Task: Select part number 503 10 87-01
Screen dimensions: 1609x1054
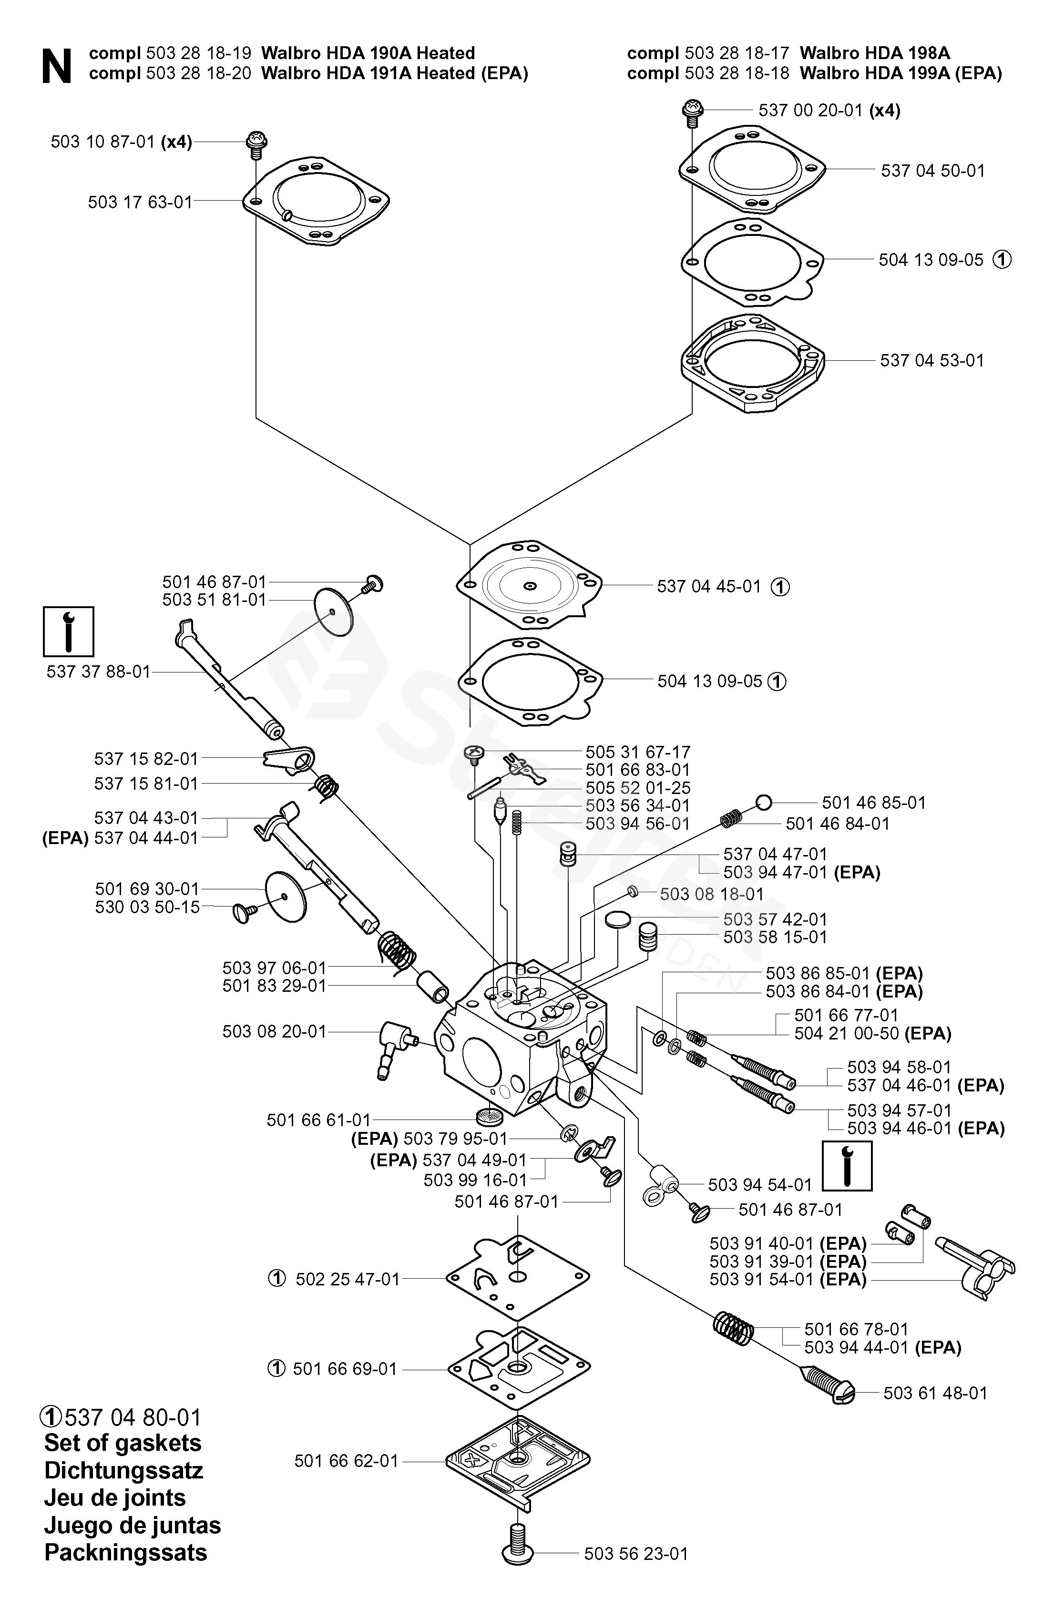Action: point(103,142)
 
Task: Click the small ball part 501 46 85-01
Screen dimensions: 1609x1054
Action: point(763,803)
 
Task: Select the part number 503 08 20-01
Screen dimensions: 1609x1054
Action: point(274,1032)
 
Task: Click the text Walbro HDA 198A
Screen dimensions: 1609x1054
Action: point(874,53)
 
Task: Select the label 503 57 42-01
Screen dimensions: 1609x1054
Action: point(775,919)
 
